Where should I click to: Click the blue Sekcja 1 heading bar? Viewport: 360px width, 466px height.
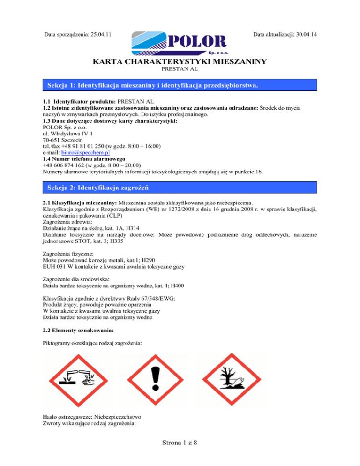180,85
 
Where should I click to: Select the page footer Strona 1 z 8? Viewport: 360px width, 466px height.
180,453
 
